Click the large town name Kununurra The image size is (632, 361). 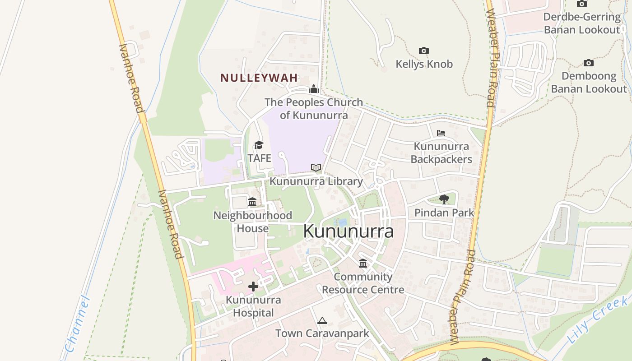point(348,231)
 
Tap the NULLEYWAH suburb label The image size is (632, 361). point(259,78)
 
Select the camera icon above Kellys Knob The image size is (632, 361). point(423,51)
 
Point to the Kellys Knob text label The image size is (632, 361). point(424,64)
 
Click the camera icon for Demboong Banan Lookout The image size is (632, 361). point(588,63)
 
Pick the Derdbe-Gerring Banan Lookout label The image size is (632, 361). point(582,23)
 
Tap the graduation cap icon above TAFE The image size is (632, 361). point(259,145)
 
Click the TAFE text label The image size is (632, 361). point(259,158)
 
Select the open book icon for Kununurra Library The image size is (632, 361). point(316,168)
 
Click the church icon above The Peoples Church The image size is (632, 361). point(314,89)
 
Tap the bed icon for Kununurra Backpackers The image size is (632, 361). point(441,133)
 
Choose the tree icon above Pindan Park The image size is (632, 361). point(444,199)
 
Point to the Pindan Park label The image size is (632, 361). point(444,213)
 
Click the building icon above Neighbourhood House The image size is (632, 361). point(252,202)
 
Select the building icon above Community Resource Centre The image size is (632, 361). point(363,263)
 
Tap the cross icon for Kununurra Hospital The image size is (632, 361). point(253,286)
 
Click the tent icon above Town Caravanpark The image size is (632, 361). point(322,320)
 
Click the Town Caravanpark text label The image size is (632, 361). point(322,333)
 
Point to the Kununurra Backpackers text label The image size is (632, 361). point(441,153)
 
